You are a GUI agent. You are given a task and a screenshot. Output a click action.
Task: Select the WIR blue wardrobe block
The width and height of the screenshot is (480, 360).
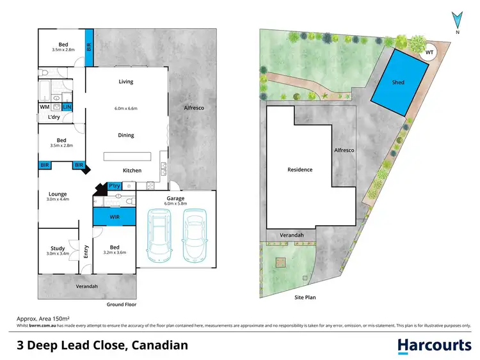coord(115,217)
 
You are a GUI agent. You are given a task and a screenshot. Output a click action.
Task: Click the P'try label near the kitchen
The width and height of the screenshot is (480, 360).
coord(115,186)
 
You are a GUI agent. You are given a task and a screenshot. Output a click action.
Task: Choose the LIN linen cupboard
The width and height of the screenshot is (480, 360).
coord(67,107)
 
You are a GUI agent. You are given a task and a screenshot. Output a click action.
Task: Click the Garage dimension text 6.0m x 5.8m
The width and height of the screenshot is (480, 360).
coord(176,205)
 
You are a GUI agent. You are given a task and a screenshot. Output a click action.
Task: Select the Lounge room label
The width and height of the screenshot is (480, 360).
coord(58,194)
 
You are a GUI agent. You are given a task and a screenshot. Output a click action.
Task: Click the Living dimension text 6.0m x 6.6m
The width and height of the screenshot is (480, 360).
coord(126,109)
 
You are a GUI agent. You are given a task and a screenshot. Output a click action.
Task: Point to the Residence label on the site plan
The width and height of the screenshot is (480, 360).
coord(300,169)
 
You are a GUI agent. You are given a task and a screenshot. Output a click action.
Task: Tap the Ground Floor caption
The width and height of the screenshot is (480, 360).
coord(121,304)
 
